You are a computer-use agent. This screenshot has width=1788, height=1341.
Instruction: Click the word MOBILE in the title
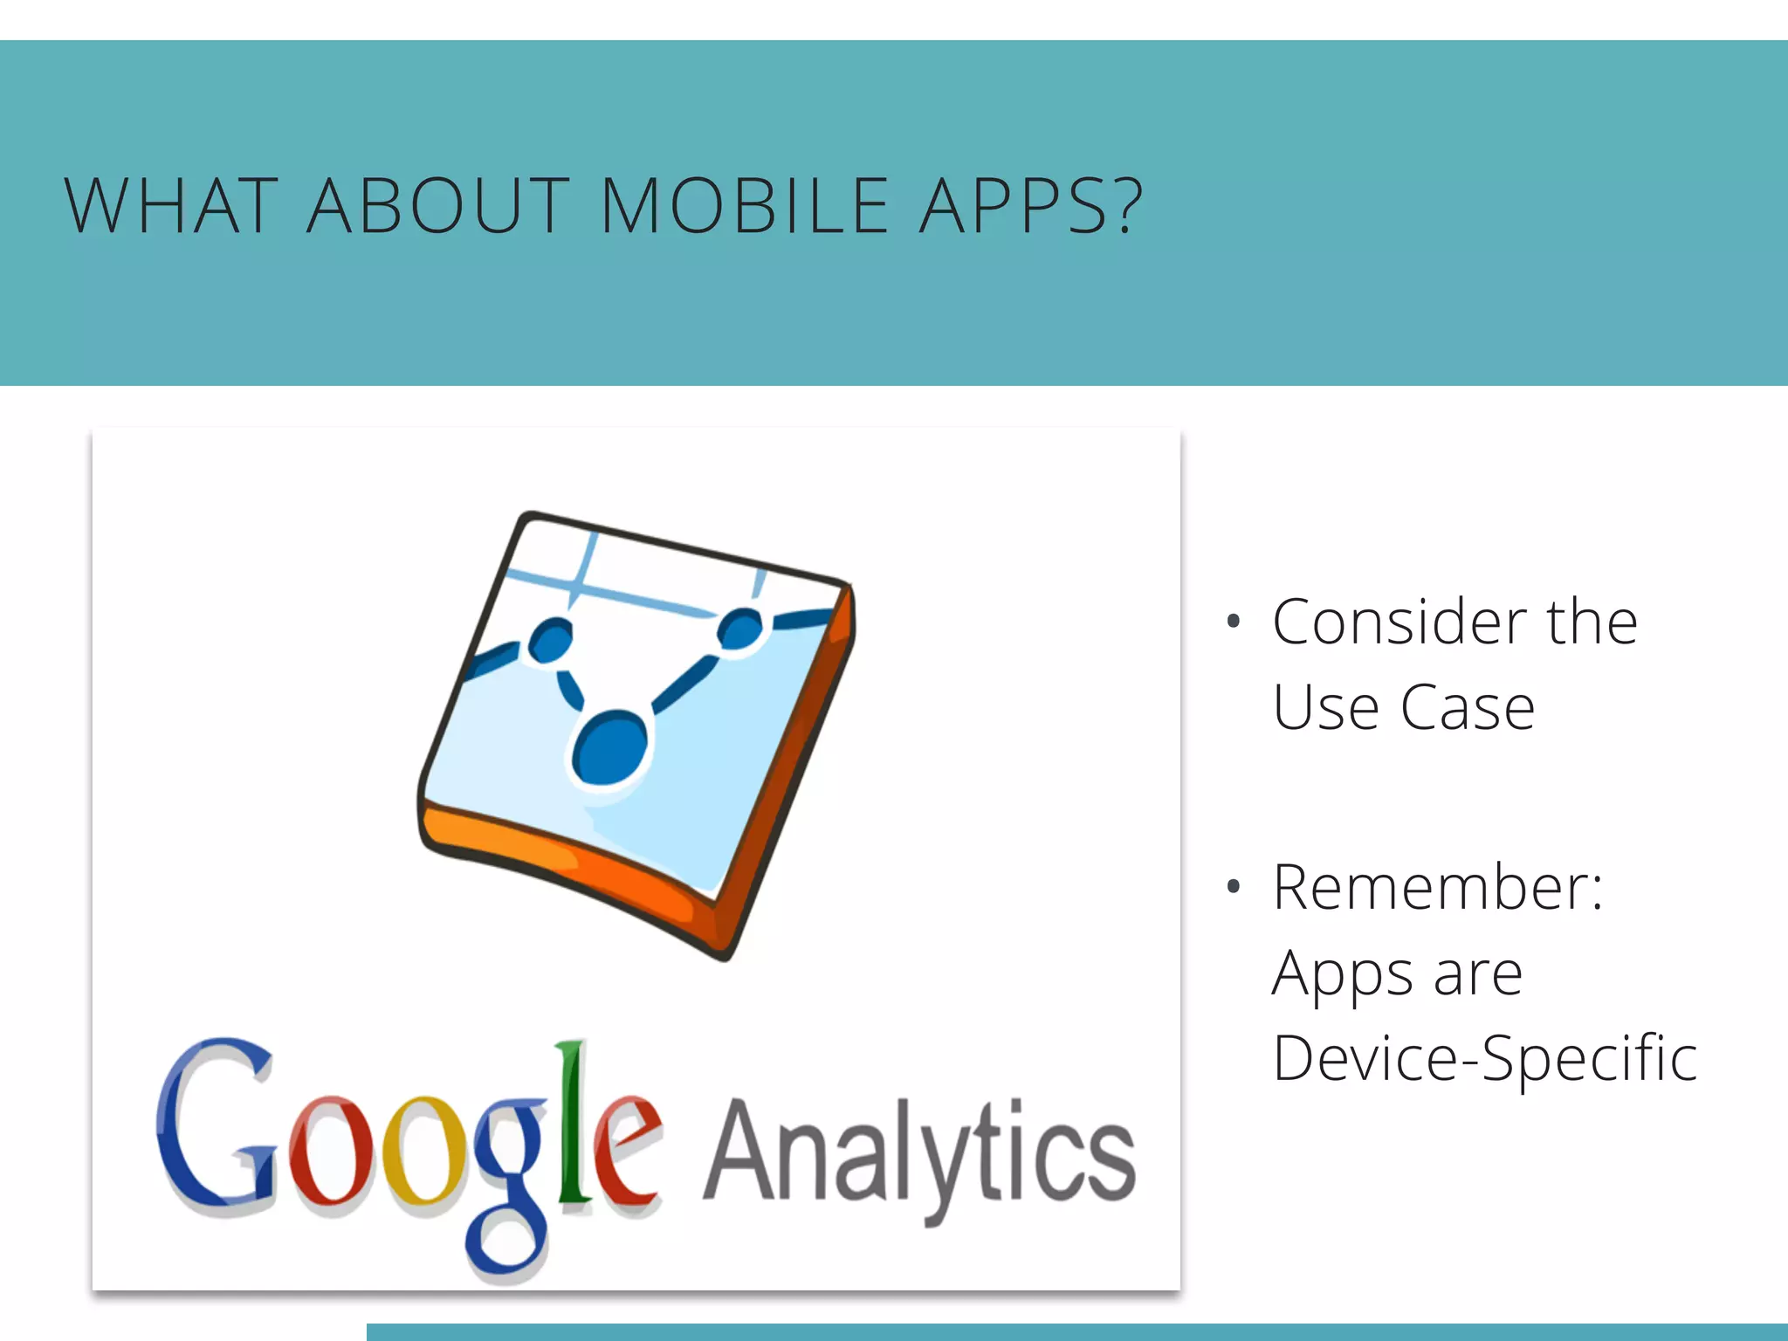click(745, 206)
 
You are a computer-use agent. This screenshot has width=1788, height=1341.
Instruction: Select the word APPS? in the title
click(1031, 206)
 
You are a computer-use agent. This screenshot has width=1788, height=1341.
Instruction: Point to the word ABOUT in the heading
click(438, 206)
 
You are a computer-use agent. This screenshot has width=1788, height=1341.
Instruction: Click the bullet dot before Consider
click(1233, 622)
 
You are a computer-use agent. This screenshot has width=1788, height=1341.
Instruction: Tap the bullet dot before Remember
click(1233, 887)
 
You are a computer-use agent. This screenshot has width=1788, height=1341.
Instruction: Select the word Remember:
click(1438, 887)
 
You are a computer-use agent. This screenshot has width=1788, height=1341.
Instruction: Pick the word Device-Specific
click(1484, 1058)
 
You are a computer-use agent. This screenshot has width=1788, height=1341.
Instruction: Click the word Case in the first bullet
click(1468, 707)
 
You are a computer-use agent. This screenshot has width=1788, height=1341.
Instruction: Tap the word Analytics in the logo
click(918, 1152)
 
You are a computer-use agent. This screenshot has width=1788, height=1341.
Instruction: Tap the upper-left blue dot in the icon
click(551, 640)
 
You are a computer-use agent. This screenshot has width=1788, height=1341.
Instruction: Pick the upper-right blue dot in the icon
click(740, 629)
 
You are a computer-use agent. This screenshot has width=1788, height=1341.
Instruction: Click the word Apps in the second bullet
click(1341, 974)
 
